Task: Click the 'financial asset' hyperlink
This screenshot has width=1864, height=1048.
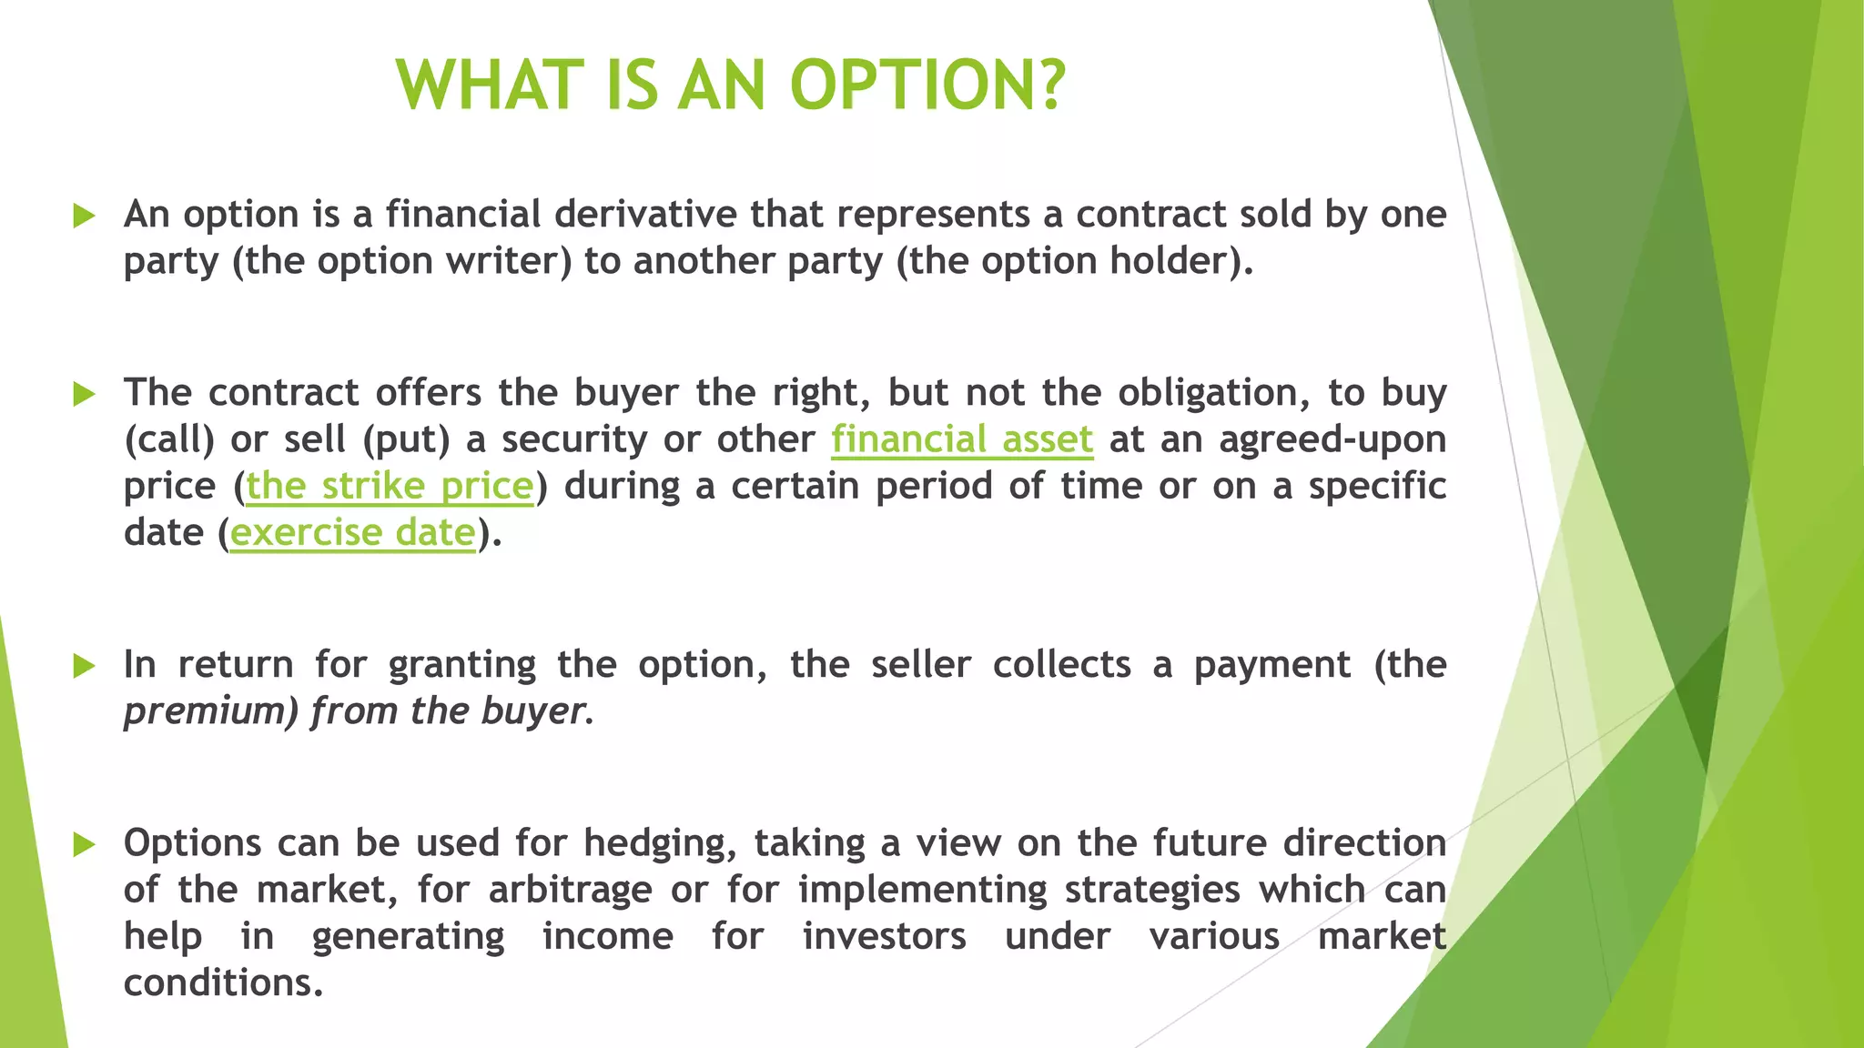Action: point(961,439)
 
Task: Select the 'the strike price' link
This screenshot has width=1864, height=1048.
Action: point(390,486)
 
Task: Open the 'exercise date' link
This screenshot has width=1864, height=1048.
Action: point(353,533)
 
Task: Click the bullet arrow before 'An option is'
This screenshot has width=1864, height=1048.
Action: point(85,217)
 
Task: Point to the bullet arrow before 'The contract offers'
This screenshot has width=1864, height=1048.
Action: point(85,395)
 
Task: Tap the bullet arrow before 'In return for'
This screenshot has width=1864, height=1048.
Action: point(85,666)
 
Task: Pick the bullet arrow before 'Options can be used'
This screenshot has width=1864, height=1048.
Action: point(85,844)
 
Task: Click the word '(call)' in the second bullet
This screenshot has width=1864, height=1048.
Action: point(169,440)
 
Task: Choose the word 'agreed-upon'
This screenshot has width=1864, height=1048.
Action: point(1332,440)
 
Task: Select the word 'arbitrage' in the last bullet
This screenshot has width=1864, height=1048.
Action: point(570,890)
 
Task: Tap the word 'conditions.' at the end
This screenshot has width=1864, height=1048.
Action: point(223,983)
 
